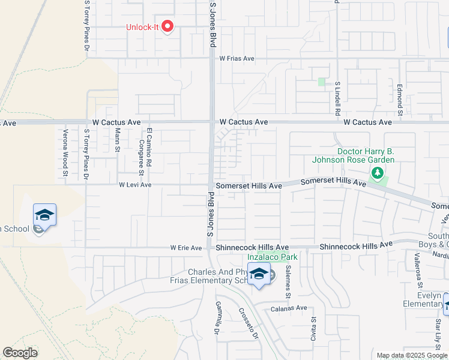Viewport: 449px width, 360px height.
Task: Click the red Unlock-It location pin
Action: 168,27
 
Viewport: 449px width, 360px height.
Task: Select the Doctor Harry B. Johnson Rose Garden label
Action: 353,155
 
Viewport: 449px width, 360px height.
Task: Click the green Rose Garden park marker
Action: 377,174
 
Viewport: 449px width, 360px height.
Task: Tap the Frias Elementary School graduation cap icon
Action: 259,274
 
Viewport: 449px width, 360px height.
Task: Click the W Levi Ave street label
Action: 135,185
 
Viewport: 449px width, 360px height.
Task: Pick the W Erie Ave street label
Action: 186,247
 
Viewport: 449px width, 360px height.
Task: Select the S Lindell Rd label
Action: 338,99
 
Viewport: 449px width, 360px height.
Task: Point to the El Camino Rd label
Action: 148,144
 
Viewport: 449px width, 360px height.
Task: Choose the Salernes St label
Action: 288,282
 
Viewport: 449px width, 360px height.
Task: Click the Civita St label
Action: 313,329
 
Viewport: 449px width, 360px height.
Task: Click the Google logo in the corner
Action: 20,353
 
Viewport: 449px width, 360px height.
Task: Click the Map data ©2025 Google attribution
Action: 412,355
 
